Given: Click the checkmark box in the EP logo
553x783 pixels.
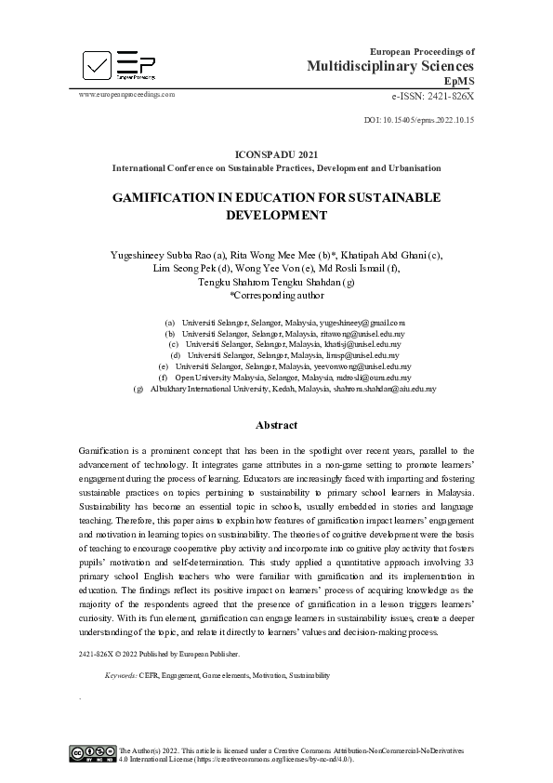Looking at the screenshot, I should pyautogui.click(x=97, y=64).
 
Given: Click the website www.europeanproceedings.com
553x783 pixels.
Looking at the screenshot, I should pyautogui.click(x=126, y=94).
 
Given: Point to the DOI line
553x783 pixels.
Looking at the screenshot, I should pyautogui.click(x=419, y=120).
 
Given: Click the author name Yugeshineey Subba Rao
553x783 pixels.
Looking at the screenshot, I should pyautogui.click(x=152, y=254).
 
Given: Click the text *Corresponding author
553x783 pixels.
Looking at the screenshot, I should pyautogui.click(x=277, y=296).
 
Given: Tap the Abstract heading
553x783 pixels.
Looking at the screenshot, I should pyautogui.click(x=277, y=425).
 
